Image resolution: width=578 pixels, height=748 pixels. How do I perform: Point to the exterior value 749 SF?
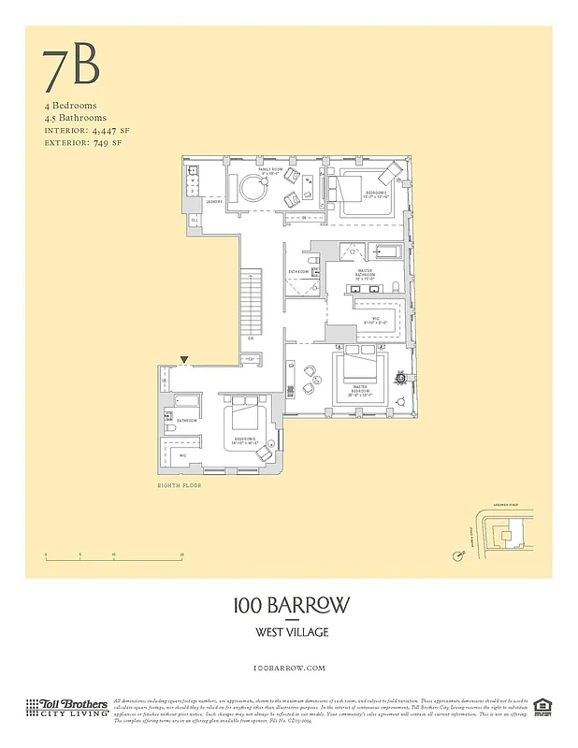[x=103, y=144]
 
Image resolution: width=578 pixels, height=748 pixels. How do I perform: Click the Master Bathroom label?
[x=364, y=276]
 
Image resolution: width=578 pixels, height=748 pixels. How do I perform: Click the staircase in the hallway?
[x=251, y=301]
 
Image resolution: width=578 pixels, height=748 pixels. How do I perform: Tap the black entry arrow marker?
[x=184, y=359]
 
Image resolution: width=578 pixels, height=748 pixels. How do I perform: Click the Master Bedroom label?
[x=358, y=393]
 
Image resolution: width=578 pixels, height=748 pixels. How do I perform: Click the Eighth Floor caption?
[x=179, y=486]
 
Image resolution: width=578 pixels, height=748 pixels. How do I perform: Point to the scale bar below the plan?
[x=113, y=558]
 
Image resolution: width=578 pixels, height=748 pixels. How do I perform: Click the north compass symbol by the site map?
[x=456, y=556]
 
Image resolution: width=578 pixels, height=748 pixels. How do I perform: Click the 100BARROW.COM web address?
[x=291, y=668]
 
